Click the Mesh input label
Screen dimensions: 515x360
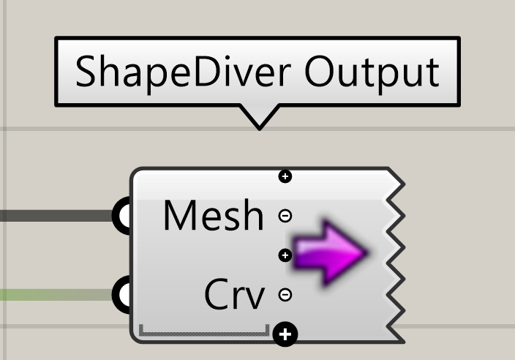point(214,216)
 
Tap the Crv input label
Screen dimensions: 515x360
point(235,294)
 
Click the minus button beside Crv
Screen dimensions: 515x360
point(285,295)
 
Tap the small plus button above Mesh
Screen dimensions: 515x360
point(285,176)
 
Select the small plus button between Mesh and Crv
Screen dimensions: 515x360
point(285,255)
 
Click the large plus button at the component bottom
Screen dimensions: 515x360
point(285,334)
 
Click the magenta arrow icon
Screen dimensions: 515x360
point(330,252)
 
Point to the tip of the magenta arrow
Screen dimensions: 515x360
point(367,252)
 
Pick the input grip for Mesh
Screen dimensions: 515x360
point(122,216)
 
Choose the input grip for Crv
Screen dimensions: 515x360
point(122,295)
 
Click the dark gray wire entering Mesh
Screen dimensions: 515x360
point(56,216)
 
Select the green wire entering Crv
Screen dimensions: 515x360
point(56,295)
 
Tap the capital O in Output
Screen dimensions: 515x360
point(319,71)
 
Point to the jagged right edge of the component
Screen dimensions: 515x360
point(395,255)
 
